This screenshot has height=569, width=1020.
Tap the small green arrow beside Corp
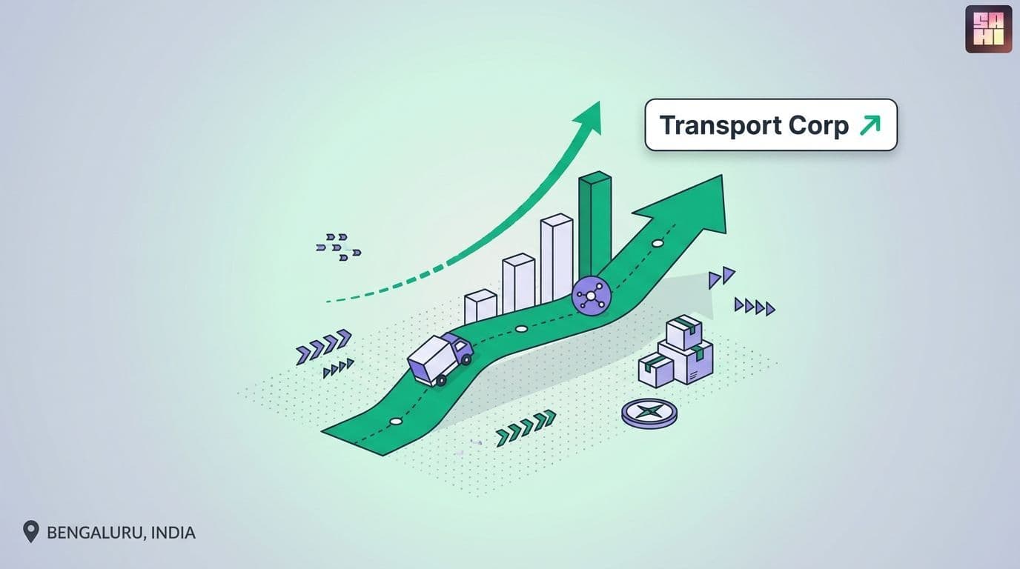click(x=870, y=125)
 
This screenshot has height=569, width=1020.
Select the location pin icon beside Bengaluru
click(x=30, y=532)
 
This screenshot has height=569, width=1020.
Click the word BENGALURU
click(x=96, y=533)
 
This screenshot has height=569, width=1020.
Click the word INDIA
click(x=173, y=533)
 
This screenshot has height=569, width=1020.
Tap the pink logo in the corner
click(x=989, y=29)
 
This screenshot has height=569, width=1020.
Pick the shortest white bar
click(x=480, y=306)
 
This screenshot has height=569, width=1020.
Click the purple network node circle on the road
click(x=591, y=296)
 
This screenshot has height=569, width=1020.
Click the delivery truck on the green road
click(x=440, y=359)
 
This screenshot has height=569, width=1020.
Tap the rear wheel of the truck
click(x=440, y=381)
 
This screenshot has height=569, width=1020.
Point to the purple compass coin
click(x=649, y=413)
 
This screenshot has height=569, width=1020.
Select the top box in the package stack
click(x=683, y=332)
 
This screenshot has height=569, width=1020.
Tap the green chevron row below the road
click(x=526, y=428)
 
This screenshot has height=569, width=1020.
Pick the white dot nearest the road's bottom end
click(x=396, y=422)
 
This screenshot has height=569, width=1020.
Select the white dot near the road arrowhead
click(x=658, y=244)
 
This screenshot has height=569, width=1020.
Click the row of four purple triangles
click(x=755, y=307)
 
